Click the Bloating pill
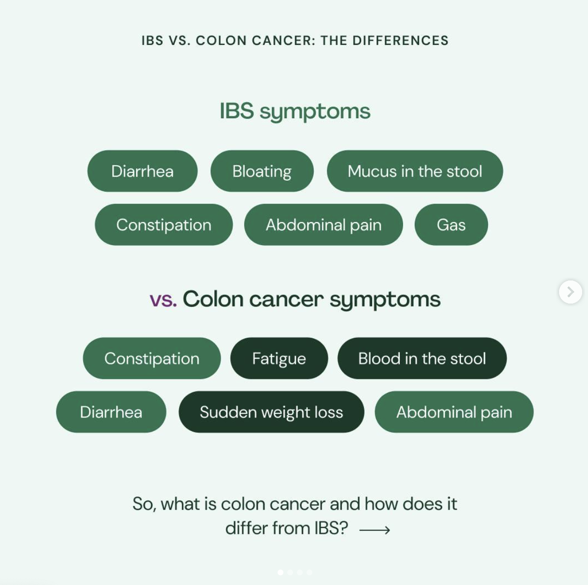pyautogui.click(x=262, y=171)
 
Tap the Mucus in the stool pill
pyautogui.click(x=415, y=171)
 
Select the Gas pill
pyautogui.click(x=451, y=225)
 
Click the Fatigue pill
pyautogui.click(x=279, y=359)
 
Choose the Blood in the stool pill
pyautogui.click(x=422, y=359)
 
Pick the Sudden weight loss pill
pyautogui.click(x=271, y=412)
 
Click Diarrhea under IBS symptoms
pyautogui.click(x=142, y=171)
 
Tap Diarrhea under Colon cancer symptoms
pyautogui.click(x=111, y=412)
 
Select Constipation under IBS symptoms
pyautogui.click(x=164, y=225)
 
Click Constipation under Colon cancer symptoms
pyautogui.click(x=152, y=359)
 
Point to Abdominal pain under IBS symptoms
pyautogui.click(x=323, y=225)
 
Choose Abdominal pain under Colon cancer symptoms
pyautogui.click(x=454, y=412)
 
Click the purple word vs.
pyautogui.click(x=163, y=300)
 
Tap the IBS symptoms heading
pyautogui.click(x=295, y=111)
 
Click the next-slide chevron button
pyautogui.click(x=570, y=292)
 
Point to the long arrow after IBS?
pyautogui.click(x=375, y=530)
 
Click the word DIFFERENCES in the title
pyautogui.click(x=400, y=41)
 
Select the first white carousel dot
pyautogui.click(x=280, y=572)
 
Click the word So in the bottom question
pyautogui.click(x=143, y=504)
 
